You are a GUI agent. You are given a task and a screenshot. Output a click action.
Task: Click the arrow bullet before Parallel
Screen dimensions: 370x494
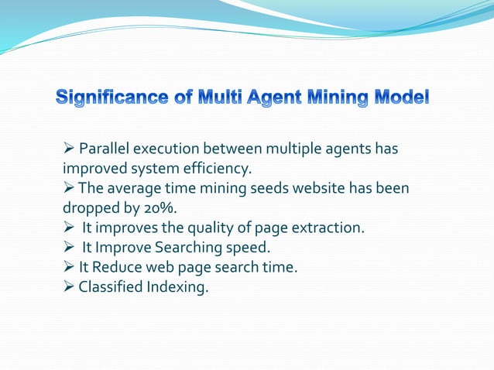click(x=68, y=149)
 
